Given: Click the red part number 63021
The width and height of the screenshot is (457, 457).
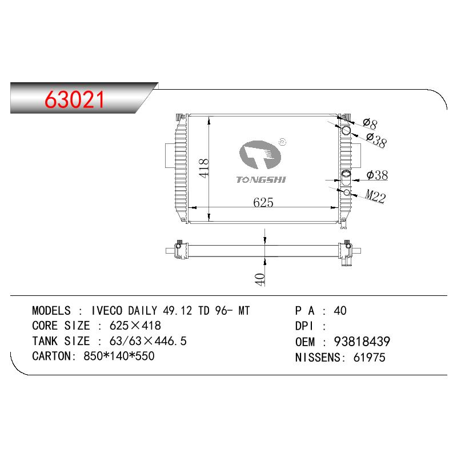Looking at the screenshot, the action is (x=74, y=99).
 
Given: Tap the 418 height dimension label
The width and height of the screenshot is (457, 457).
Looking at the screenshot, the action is (x=203, y=168).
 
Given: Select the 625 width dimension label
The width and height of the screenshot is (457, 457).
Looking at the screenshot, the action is (x=263, y=202).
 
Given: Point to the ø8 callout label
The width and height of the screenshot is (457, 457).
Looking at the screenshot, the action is (x=370, y=123).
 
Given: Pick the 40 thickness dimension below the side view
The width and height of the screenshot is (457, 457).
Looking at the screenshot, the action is (x=260, y=279).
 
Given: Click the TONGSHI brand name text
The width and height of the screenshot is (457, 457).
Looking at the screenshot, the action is (x=261, y=180).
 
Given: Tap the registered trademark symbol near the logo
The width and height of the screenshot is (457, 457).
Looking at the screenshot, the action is (x=282, y=142).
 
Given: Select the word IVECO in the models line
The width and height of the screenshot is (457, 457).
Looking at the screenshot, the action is (x=107, y=311).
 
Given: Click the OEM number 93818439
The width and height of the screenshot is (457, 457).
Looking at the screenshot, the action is (x=362, y=342).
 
